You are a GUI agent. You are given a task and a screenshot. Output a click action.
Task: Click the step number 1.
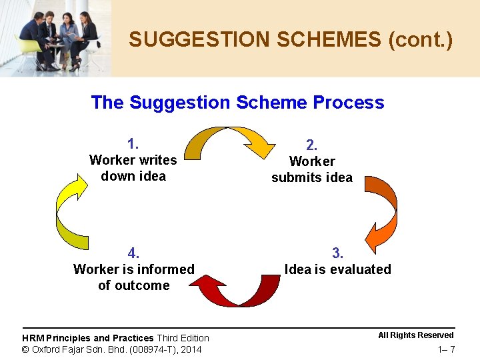click(133, 143)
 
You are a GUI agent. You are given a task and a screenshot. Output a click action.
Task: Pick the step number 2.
click(311, 145)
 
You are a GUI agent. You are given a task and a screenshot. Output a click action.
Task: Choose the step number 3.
click(338, 253)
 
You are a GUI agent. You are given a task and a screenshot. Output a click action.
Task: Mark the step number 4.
click(133, 253)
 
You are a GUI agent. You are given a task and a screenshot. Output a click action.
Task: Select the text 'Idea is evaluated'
click(338, 269)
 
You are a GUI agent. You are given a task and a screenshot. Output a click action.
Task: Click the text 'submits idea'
click(311, 177)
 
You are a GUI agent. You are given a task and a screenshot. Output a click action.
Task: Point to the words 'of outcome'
click(133, 285)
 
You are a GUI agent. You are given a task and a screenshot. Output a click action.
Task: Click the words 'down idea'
click(133, 176)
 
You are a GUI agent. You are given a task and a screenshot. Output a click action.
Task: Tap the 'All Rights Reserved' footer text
click(416, 335)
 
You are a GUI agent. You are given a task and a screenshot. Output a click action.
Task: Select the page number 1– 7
click(447, 350)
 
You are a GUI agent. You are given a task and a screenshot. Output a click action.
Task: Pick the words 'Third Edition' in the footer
click(183, 338)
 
